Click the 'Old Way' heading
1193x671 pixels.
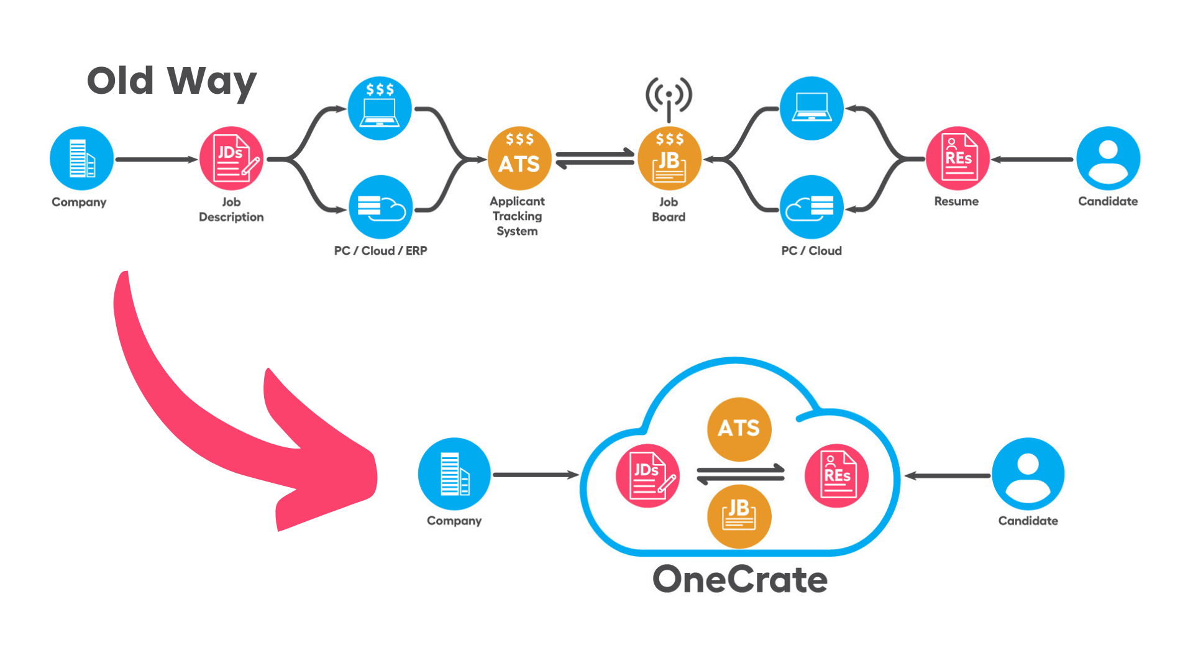point(171,81)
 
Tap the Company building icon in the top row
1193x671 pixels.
point(81,158)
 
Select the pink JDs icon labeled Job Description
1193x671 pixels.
point(231,158)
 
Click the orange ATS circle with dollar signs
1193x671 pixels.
point(519,158)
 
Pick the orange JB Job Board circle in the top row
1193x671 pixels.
point(669,160)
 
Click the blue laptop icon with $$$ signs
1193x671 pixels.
point(380,109)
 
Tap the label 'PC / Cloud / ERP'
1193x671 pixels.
point(380,250)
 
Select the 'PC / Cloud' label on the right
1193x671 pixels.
point(811,250)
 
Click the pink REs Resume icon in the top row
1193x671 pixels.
point(958,158)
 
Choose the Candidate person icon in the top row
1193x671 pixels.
point(1108,158)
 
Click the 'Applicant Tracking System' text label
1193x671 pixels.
point(517,216)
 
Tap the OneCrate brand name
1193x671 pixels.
point(739,580)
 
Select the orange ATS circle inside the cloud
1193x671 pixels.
point(739,429)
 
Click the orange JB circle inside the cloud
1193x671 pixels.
point(739,516)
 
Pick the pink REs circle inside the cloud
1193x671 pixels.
point(836,476)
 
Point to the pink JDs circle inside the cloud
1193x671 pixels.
point(647,476)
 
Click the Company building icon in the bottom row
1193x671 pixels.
point(454,474)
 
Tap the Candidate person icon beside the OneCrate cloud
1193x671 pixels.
point(1028,474)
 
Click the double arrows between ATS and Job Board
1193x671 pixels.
point(595,158)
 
